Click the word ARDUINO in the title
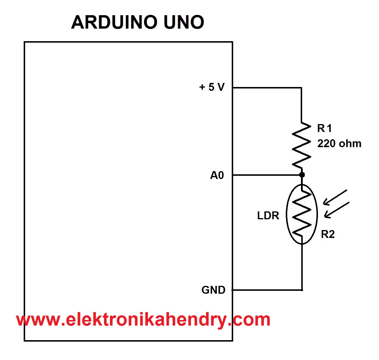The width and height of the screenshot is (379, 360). click(113, 22)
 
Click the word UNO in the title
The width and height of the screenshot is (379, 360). click(184, 22)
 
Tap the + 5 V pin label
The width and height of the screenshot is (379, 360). click(212, 87)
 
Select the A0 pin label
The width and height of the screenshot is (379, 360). click(217, 175)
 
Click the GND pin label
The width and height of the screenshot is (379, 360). click(213, 290)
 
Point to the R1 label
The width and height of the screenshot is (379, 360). click(324, 128)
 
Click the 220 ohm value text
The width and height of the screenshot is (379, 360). click(339, 143)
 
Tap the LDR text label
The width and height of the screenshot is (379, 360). click(268, 215)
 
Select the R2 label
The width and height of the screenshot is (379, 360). click(328, 234)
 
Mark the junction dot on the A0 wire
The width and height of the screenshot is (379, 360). click(302, 175)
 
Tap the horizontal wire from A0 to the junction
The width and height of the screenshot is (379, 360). click(266, 175)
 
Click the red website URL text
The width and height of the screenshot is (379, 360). click(143, 320)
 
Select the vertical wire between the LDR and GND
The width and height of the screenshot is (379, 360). click(302, 267)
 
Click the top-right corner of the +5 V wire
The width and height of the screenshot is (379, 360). click(301, 88)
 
